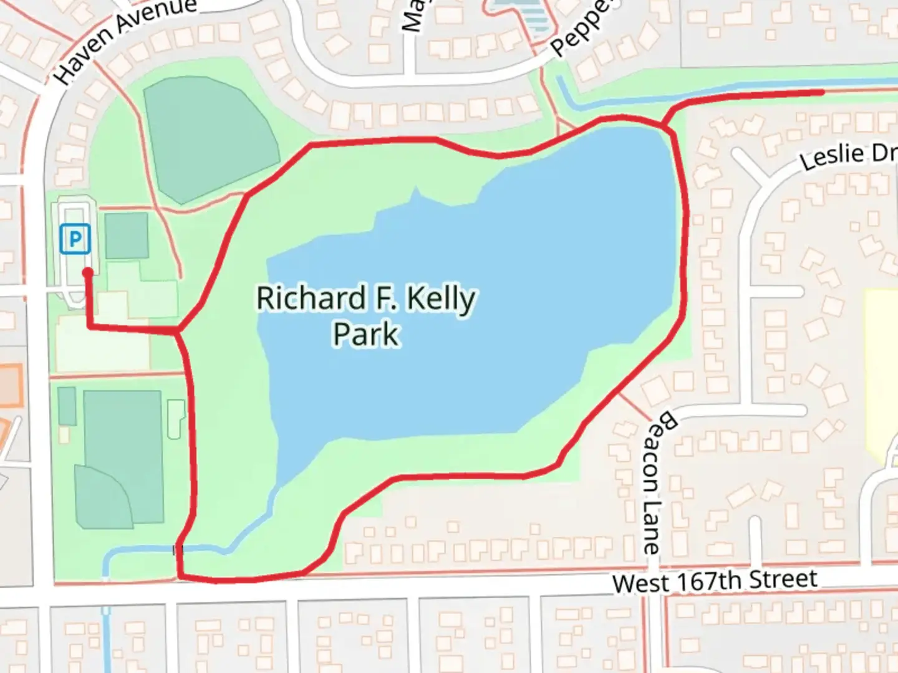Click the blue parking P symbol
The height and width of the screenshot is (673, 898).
75,239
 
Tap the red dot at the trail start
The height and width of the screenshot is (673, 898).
88,272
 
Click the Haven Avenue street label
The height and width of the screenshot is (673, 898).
125,40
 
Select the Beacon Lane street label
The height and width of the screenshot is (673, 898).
657,482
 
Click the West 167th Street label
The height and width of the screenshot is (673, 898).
715,582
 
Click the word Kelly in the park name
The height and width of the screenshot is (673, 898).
440,300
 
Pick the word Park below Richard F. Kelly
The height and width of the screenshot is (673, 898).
365,334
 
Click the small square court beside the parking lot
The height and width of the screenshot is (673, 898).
127,236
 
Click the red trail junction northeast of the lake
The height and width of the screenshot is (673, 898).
666,127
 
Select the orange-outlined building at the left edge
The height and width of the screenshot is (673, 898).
9,381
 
